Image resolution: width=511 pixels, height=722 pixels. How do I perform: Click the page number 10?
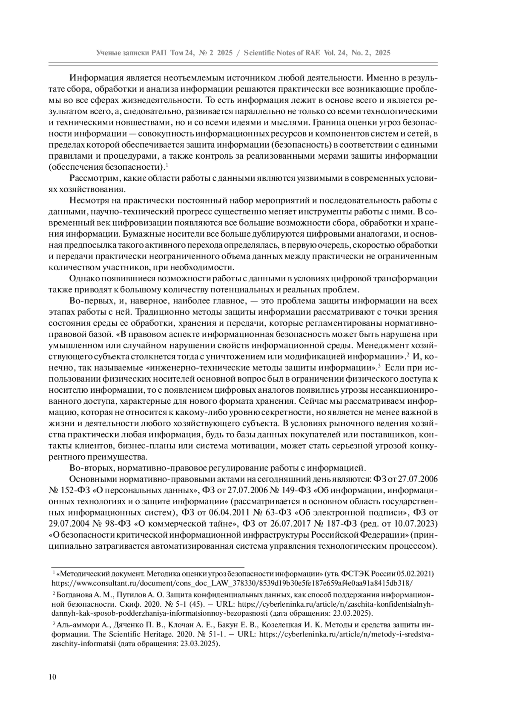click(52, 677)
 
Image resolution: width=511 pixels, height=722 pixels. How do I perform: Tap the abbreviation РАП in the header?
click(160, 53)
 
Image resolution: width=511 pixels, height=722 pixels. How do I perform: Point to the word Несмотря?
click(89, 200)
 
